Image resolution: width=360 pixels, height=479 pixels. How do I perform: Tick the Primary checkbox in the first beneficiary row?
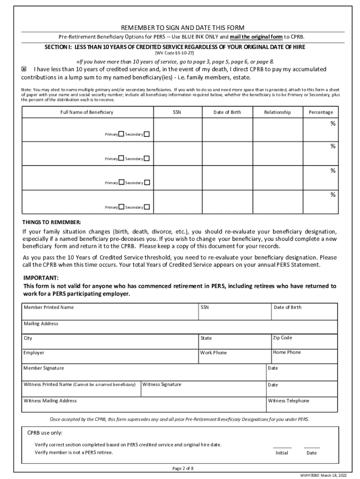click(x=121, y=134)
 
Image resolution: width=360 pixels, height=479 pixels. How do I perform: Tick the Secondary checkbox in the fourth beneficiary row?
click(x=147, y=207)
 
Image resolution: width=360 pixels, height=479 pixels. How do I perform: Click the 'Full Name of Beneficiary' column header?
click(x=87, y=112)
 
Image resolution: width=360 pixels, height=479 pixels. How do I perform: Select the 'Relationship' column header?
click(x=277, y=112)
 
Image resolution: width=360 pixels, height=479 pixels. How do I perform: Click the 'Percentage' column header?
click(x=321, y=112)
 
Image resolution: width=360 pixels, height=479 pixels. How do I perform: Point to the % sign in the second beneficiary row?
click(x=333, y=146)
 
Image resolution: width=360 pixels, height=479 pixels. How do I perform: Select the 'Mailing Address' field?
click(x=180, y=327)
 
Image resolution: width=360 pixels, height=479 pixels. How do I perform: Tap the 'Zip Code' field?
click(x=304, y=341)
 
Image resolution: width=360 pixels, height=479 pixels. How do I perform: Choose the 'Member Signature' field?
click(x=143, y=372)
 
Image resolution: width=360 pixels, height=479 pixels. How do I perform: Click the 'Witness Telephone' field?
click(x=302, y=405)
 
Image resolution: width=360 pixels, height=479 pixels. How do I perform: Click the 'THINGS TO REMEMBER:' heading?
click(x=51, y=222)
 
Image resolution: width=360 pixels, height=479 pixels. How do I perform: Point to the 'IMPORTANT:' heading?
click(x=41, y=277)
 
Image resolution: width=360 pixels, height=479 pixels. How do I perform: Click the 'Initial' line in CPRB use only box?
click(x=282, y=447)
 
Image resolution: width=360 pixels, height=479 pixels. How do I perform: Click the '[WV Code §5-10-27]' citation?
click(x=180, y=53)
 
